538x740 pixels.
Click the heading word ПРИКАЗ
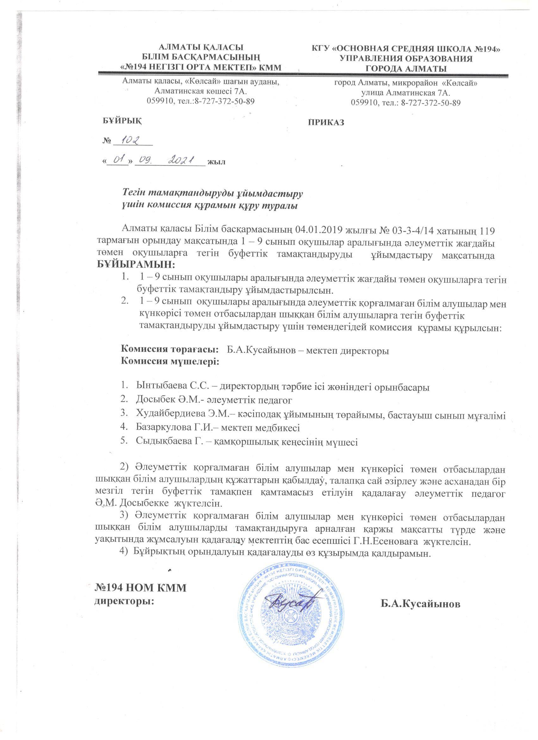coord(326,123)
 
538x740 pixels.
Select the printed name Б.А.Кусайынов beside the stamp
coord(421,604)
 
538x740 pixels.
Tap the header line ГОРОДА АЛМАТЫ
coord(406,69)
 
